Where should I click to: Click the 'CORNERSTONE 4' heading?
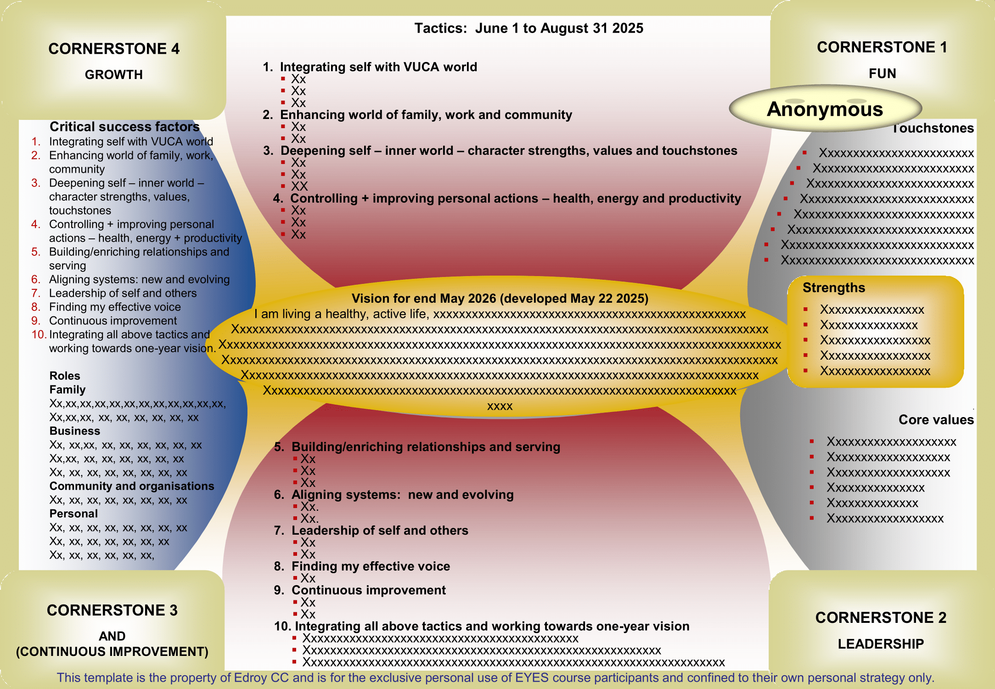[114, 49]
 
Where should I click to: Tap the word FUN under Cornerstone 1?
[882, 73]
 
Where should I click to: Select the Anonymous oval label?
[825, 109]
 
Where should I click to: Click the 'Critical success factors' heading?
[124, 127]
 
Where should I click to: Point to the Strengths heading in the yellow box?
[833, 288]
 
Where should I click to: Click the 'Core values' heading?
[936, 419]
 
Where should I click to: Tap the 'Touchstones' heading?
[933, 129]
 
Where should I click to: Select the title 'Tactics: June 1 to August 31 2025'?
[528, 28]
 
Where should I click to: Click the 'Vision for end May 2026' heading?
[500, 299]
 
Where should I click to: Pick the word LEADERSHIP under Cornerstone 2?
[881, 644]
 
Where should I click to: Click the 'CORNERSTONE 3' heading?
[112, 610]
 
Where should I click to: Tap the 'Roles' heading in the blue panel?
[65, 376]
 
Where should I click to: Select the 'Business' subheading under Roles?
[75, 431]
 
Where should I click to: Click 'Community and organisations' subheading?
[132, 486]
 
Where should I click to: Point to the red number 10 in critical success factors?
[39, 334]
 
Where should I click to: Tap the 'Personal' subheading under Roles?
[73, 514]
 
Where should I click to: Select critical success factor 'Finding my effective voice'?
[115, 307]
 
